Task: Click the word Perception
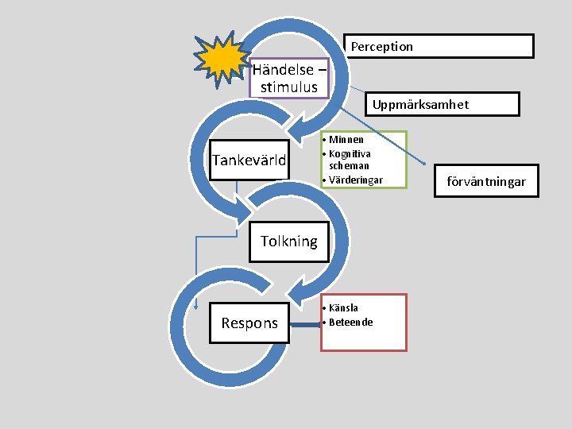coord(382,47)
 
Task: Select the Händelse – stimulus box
coord(288,78)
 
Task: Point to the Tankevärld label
coord(249,160)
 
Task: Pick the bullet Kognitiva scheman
coord(350,159)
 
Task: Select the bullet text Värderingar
coord(355,180)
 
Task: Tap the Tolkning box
coord(288,242)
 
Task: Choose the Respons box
coord(249,323)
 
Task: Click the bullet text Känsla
coord(343,307)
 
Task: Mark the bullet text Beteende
coord(350,322)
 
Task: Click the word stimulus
coord(288,87)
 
